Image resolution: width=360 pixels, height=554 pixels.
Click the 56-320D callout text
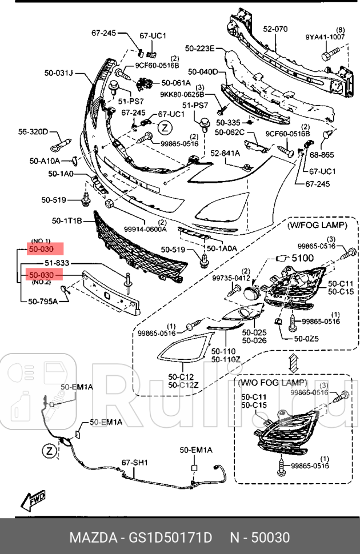[33, 132]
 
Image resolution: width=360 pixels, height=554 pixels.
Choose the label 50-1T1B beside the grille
[67, 220]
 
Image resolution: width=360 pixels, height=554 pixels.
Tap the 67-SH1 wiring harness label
[134, 462]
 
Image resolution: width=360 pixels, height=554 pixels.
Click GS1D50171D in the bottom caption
[173, 538]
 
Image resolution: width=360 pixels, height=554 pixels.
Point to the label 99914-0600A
[145, 229]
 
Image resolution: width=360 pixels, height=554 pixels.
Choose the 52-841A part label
[225, 153]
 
